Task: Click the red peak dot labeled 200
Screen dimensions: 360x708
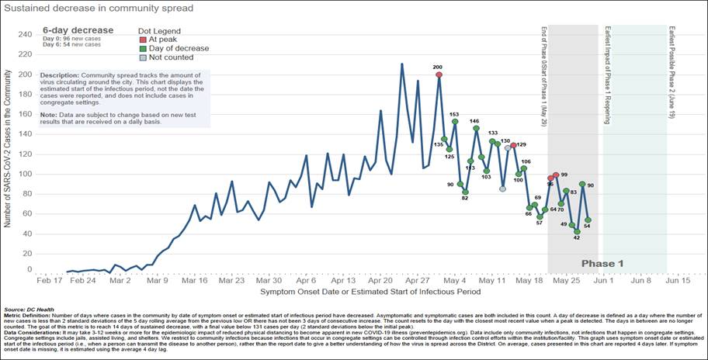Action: coord(439,75)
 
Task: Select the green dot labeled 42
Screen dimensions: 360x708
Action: coord(577,231)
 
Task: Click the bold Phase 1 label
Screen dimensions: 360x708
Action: coord(602,264)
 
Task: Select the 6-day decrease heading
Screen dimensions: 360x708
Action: coord(77,29)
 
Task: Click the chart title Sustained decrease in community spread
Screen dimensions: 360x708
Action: coord(99,9)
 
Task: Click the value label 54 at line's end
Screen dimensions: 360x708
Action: coord(588,227)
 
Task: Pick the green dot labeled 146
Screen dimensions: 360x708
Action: coord(476,129)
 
